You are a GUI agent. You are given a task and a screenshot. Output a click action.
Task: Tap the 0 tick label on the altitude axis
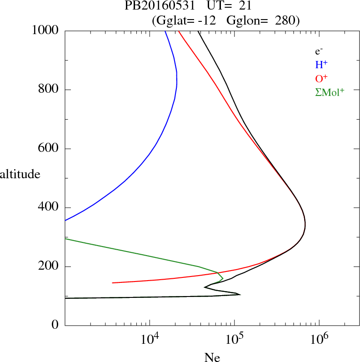(x=55, y=326)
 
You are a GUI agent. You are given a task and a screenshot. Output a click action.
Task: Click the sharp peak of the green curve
(x=223, y=278)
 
